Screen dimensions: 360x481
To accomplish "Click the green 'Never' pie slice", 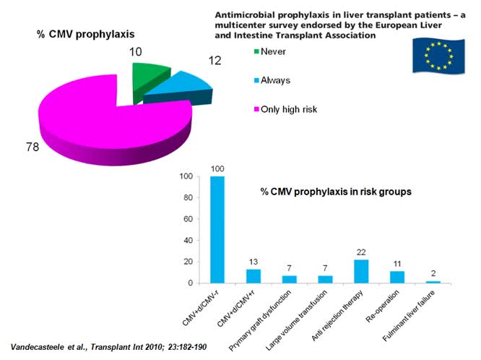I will (151, 74).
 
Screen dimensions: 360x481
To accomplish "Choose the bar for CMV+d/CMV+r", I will (252, 276).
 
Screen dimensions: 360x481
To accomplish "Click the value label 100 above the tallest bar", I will (217, 169).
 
